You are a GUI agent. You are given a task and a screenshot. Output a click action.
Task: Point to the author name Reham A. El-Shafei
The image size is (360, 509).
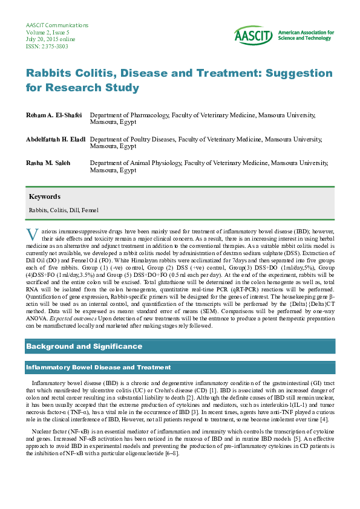pyautogui.click(x=52, y=115)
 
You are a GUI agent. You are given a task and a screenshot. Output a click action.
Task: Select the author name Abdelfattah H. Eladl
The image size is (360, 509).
pyautogui.click(x=56, y=139)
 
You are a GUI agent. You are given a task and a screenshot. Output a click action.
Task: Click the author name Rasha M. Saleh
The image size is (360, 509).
pyautogui.click(x=47, y=163)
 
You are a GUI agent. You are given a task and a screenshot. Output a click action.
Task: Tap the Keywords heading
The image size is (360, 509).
pyautogui.click(x=45, y=196)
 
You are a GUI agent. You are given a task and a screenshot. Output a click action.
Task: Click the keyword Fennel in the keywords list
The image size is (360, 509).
pyautogui.click(x=90, y=210)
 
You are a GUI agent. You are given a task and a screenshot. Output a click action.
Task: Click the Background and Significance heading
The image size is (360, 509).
pyautogui.click(x=83, y=346)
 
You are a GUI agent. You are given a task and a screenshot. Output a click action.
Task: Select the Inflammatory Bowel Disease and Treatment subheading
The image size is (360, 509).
pyautogui.click(x=98, y=367)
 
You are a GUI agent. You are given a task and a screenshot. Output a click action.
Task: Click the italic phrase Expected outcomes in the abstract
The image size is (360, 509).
pyautogui.click(x=67, y=317)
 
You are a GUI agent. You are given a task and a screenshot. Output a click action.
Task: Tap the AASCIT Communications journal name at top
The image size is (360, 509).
pyautogui.click(x=57, y=25)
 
